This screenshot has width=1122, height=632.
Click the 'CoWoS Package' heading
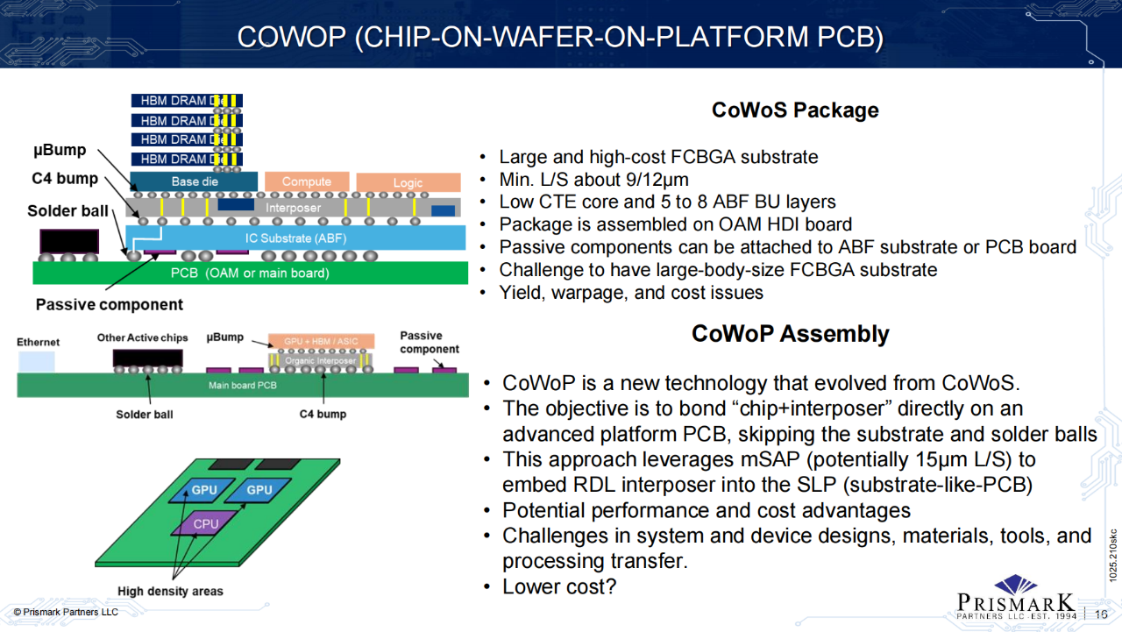click(794, 110)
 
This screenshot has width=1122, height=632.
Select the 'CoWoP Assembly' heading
click(790, 334)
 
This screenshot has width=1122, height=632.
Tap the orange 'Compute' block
click(307, 182)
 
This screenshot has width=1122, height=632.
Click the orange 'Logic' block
click(408, 182)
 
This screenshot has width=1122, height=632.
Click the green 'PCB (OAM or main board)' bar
click(249, 273)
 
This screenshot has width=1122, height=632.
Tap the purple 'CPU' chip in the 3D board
click(206, 524)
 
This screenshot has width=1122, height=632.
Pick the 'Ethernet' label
click(39, 343)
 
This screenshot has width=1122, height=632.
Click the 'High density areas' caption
click(170, 592)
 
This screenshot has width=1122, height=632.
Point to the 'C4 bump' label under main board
click(323, 414)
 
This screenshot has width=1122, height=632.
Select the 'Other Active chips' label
click(142, 337)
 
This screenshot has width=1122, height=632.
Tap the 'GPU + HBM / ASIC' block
click(322, 341)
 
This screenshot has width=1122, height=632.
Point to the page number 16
click(1102, 614)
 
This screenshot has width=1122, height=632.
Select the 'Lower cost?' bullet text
click(559, 586)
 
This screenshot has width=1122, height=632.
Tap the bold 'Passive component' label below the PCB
click(110, 305)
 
